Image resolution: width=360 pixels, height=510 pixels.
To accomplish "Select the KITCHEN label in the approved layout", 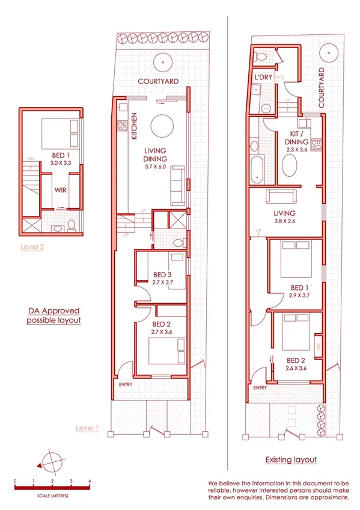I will coord(134,127).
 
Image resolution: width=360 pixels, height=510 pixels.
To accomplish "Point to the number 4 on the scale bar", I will coord(90,482).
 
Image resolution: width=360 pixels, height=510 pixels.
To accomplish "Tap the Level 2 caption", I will coord(31,247).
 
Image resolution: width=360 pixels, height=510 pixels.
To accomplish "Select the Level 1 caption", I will coord(88,428).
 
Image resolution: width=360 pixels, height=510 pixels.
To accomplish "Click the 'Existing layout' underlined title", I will coord(291,459).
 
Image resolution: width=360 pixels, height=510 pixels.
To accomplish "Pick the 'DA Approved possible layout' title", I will coord(53,316).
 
